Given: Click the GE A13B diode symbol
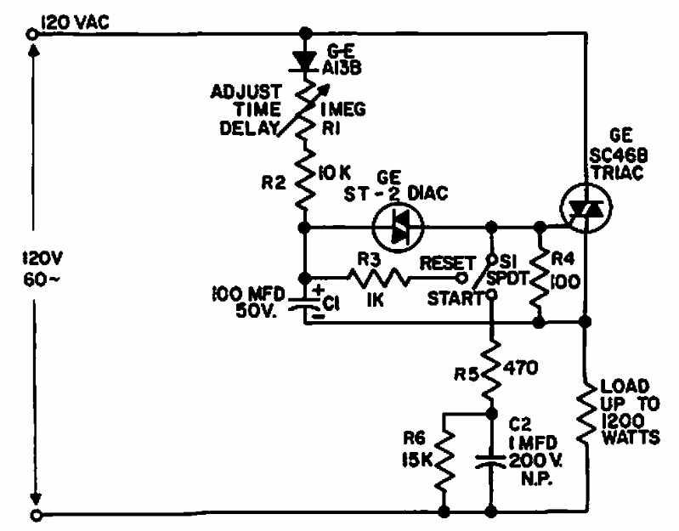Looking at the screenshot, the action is (x=305, y=60).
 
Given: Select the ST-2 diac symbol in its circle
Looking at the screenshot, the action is (x=398, y=226).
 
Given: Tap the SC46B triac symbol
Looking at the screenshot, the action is (x=586, y=208).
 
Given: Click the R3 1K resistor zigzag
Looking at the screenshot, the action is (x=378, y=278).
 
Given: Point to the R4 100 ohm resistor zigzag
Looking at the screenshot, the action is (x=540, y=279).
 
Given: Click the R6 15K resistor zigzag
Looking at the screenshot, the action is (x=444, y=461).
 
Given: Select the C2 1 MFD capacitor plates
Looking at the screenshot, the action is (x=490, y=461).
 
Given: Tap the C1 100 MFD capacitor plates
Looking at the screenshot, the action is (x=305, y=303).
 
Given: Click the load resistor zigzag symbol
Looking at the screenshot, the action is (x=586, y=413).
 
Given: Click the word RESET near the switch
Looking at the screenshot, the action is (x=447, y=263).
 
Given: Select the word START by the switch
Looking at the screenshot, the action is (x=455, y=298).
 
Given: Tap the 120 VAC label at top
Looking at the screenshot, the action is (x=75, y=22).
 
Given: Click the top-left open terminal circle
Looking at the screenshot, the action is (x=31, y=34).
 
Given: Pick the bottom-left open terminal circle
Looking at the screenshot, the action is (x=36, y=515).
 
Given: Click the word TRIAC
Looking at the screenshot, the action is (x=618, y=172).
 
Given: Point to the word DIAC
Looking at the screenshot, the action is (x=427, y=193).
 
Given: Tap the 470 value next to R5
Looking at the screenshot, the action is (x=521, y=367).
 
